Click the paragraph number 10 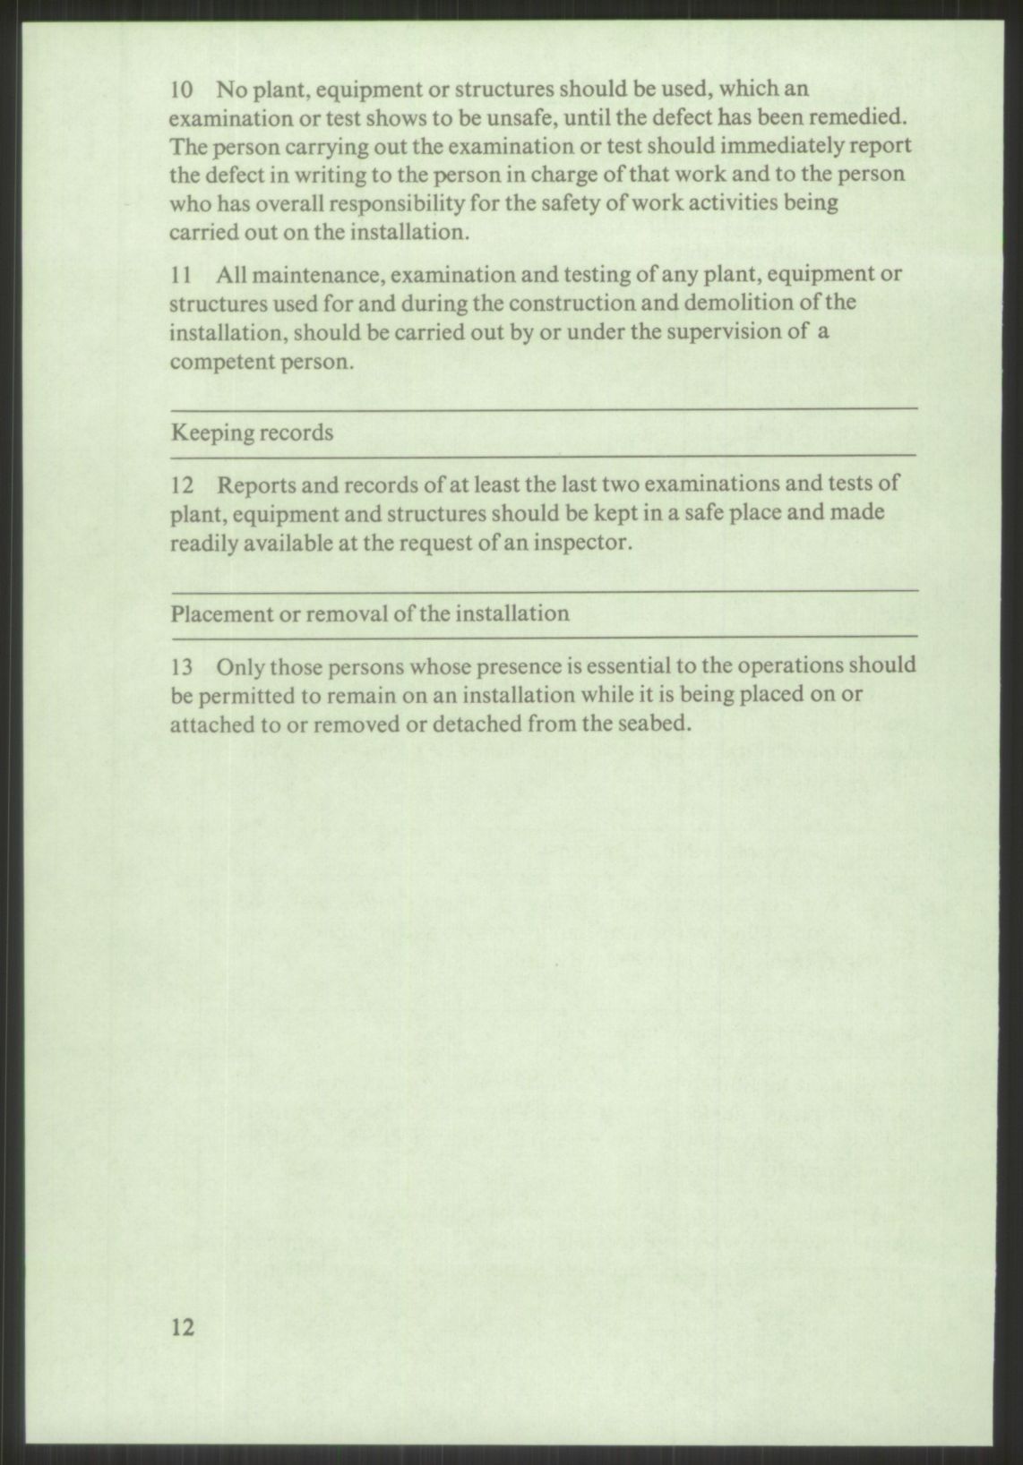click(181, 90)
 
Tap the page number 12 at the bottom click(182, 1327)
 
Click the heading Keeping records click(252, 433)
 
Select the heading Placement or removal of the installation click(369, 614)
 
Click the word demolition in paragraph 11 click(744, 303)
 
